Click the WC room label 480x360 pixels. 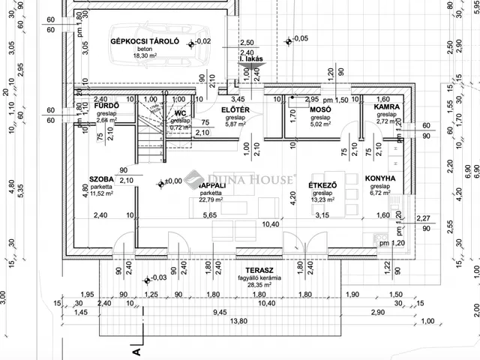(180, 113)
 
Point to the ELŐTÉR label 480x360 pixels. (235, 110)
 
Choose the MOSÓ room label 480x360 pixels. (320, 110)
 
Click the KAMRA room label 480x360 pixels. (387, 107)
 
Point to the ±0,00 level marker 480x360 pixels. (172, 181)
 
